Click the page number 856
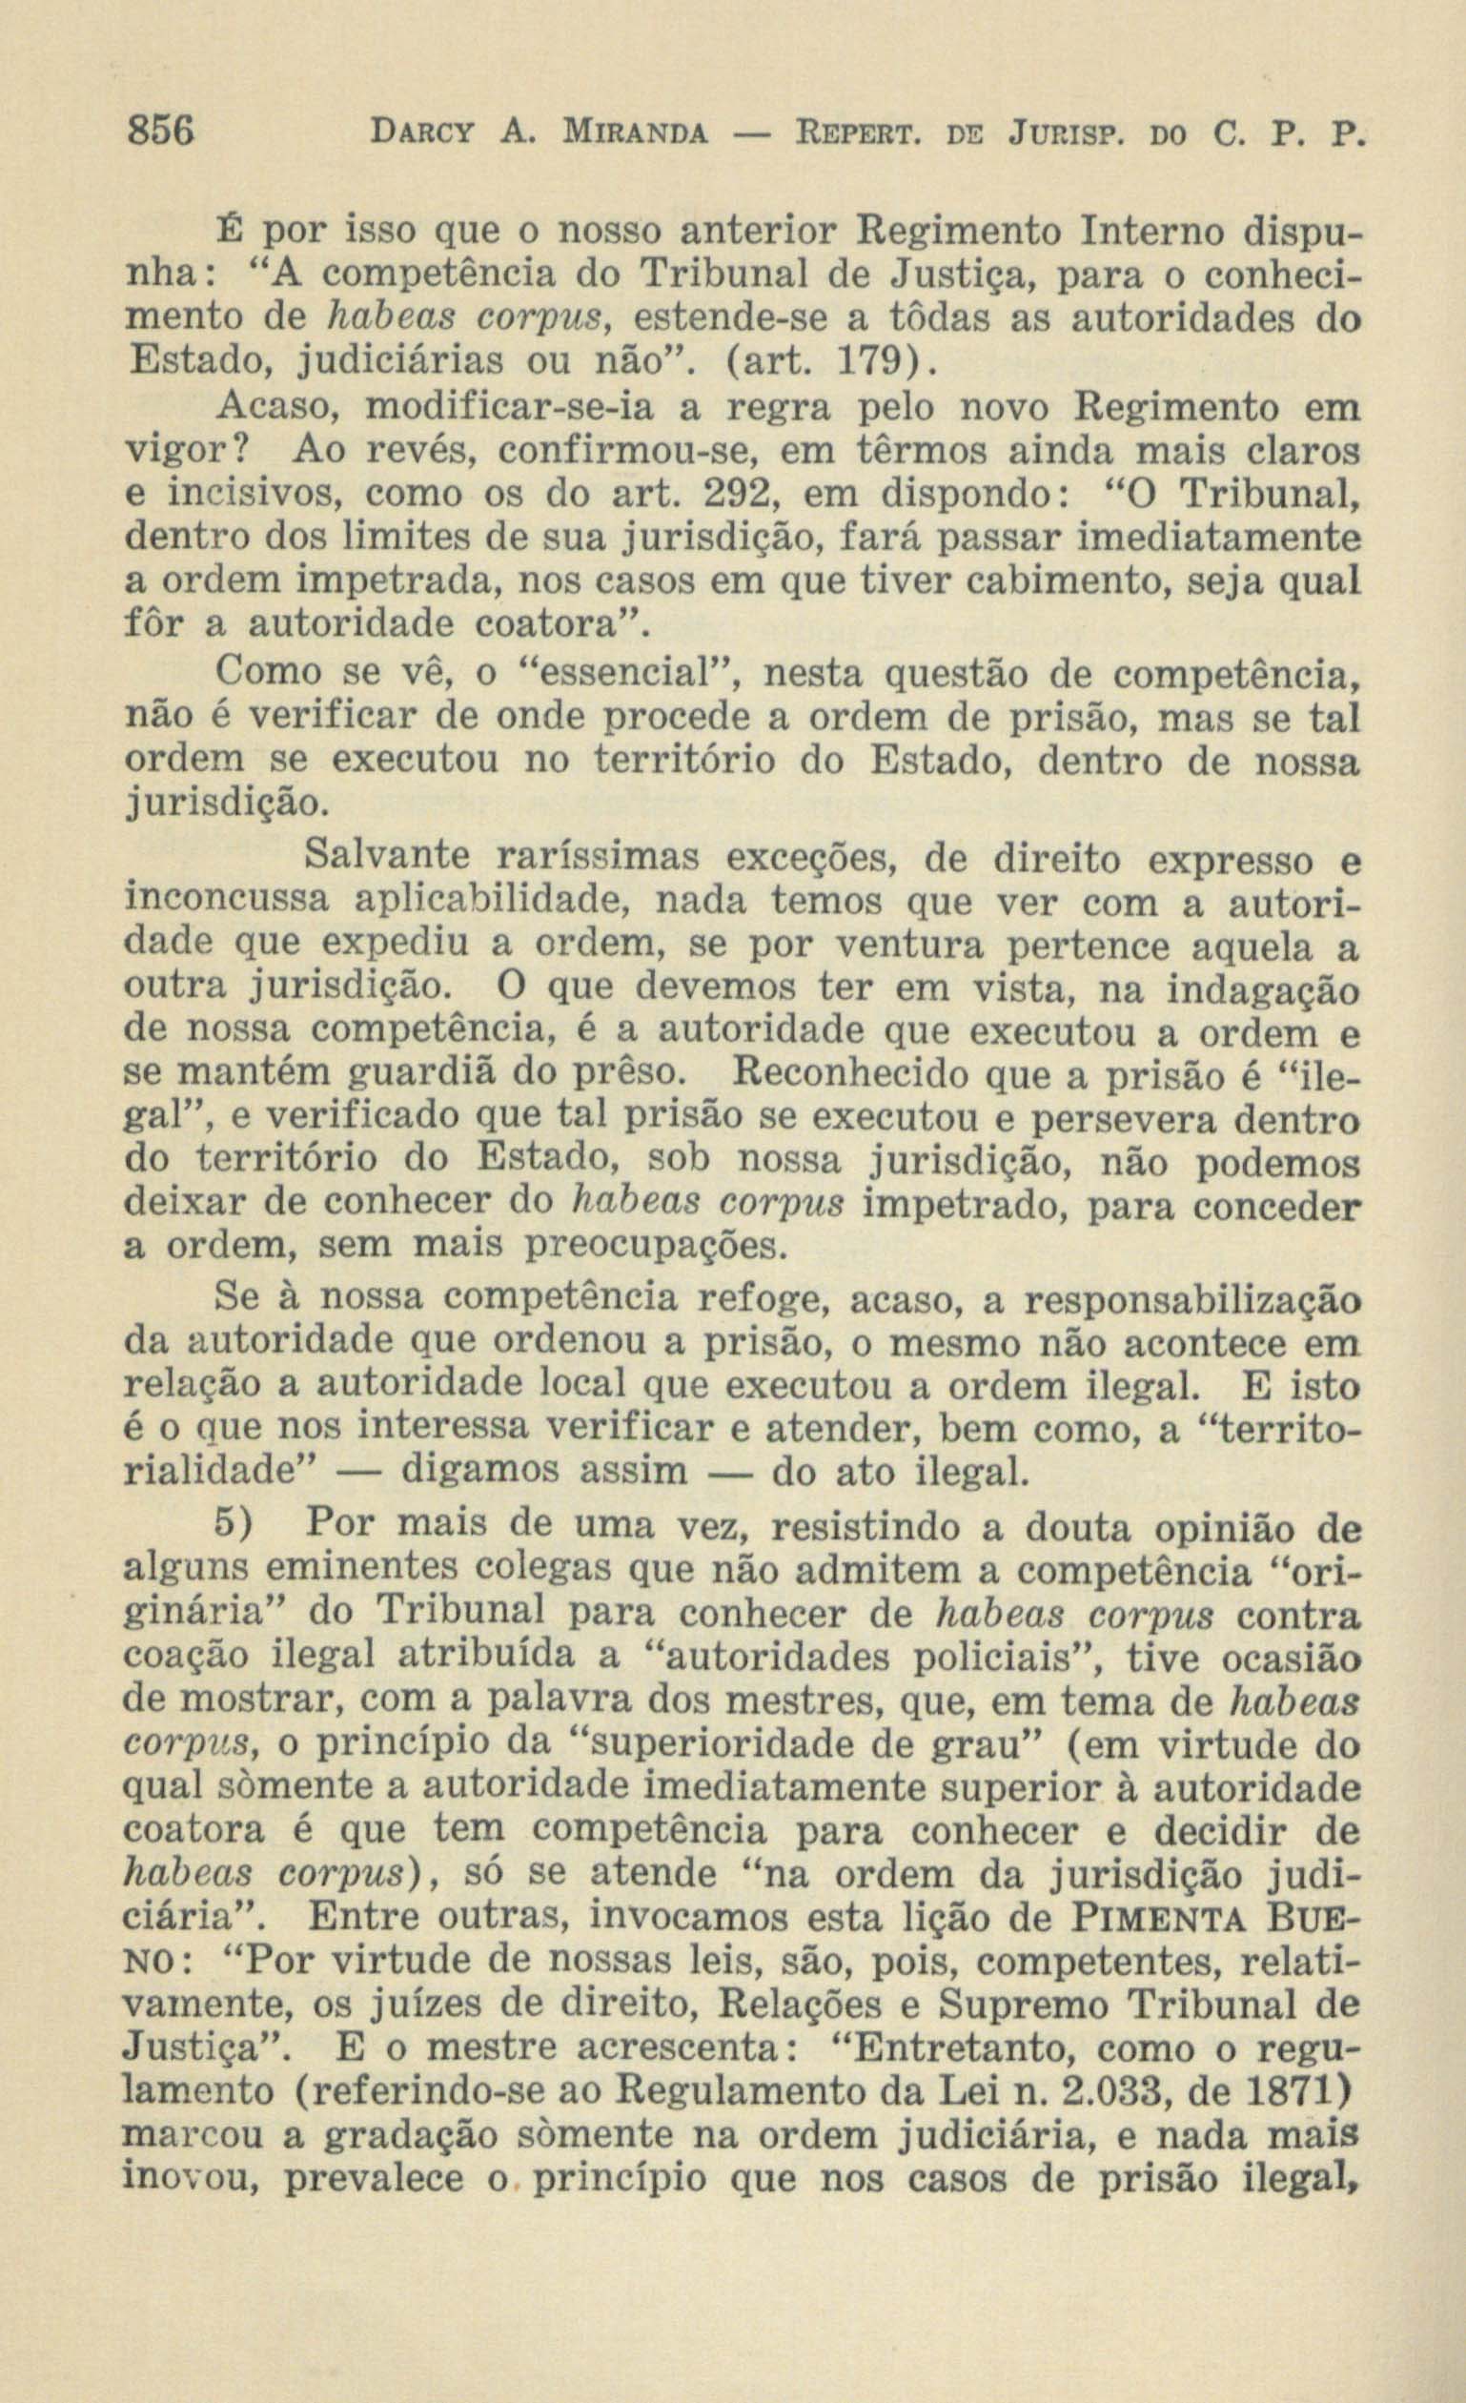[163, 130]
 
